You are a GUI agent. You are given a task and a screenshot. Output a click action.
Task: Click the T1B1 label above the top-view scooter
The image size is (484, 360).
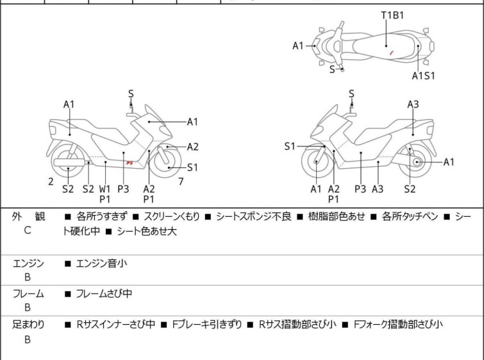[392, 15]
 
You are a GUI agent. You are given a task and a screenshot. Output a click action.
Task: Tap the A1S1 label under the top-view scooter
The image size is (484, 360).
[424, 76]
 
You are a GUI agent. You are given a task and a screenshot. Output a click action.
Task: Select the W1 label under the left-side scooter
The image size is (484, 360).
[104, 189]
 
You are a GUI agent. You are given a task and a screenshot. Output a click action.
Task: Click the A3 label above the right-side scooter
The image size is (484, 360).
[413, 105]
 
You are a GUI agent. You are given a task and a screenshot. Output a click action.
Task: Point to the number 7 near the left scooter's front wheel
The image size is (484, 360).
[181, 182]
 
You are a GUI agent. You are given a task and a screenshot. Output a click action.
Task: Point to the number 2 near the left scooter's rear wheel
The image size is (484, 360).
[51, 182]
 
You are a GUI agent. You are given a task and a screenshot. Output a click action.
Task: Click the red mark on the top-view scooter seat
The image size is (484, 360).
[392, 53]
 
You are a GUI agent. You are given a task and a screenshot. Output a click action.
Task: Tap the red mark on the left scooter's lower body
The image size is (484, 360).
[129, 162]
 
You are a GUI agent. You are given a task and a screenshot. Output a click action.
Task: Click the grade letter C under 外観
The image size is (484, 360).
[28, 230]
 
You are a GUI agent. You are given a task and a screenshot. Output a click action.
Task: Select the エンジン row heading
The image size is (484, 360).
[28, 264]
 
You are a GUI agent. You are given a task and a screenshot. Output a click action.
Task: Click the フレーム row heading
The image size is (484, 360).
[28, 293]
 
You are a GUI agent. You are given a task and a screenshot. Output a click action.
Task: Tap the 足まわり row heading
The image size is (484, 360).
[28, 324]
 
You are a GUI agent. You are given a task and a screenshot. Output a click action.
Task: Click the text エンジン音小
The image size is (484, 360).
[101, 264]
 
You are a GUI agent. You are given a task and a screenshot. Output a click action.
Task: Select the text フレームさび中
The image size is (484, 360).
[104, 293]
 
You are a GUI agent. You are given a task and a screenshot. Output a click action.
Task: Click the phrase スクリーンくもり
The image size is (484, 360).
[172, 216]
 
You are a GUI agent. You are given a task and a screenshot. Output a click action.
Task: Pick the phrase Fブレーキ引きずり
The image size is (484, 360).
[206, 324]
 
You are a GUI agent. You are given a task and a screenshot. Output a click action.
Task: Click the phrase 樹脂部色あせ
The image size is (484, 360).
[337, 216]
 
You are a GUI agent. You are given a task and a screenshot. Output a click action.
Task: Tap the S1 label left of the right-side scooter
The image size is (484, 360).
[290, 146]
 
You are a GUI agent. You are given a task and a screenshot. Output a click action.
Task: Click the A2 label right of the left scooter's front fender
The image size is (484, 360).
[192, 147]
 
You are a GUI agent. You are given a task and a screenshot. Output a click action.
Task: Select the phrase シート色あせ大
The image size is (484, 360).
[147, 231]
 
